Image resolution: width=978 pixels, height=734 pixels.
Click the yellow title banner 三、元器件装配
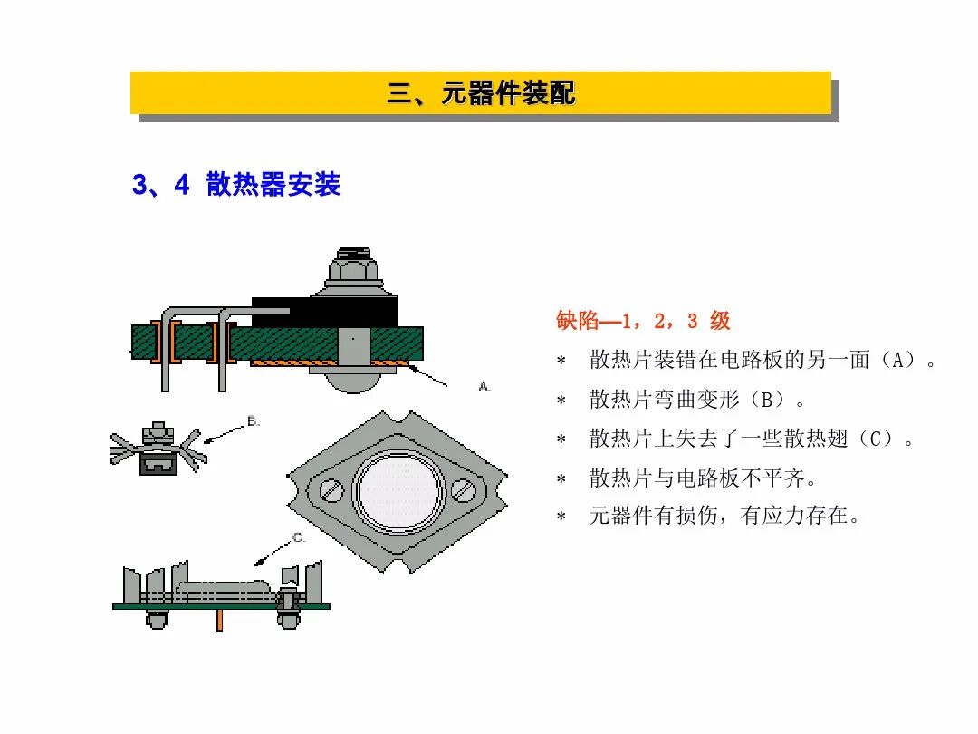point(481,93)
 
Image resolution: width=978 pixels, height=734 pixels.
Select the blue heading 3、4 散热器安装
point(236,185)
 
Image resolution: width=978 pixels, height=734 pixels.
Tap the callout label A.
point(484,387)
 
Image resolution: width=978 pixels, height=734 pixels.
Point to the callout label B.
point(254,421)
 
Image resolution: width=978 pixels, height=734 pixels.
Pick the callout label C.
point(299,538)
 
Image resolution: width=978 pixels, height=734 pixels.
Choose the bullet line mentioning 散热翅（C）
point(748,439)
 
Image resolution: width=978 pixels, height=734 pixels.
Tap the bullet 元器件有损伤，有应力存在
point(723,517)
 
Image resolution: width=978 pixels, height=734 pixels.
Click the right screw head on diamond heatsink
point(465,490)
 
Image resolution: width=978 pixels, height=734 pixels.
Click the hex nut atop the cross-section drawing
point(353,267)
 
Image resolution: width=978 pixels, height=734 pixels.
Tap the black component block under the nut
point(326,313)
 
